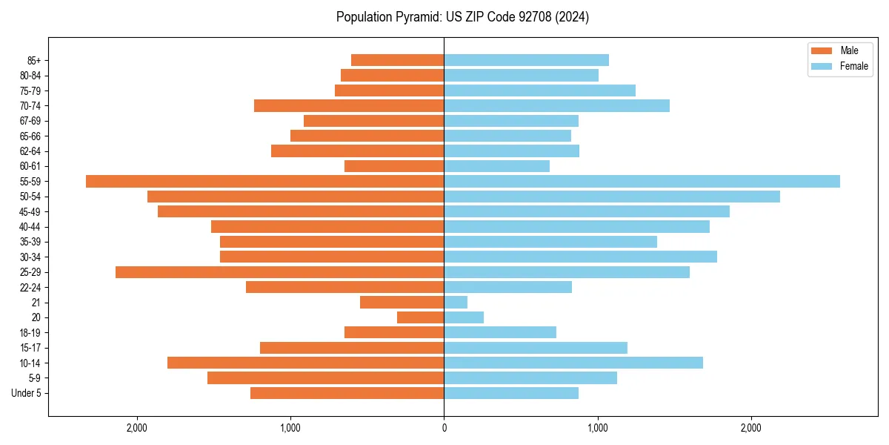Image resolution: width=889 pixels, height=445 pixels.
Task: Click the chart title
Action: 462,17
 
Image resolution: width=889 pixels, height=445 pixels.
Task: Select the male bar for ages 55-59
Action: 264,181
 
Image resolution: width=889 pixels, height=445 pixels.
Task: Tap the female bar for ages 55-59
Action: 642,181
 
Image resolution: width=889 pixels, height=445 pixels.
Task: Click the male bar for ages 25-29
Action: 279,272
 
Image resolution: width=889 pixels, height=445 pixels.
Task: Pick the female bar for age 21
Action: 456,302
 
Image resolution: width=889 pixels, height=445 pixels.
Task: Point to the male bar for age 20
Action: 420,317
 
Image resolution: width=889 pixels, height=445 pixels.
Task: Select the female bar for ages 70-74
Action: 556,105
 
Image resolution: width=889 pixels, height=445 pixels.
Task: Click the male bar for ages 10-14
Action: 305,363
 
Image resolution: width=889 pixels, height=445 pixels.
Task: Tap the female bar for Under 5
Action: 511,393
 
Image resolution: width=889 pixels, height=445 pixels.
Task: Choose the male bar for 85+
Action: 397,60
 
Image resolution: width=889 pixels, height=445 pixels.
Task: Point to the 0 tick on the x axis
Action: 444,428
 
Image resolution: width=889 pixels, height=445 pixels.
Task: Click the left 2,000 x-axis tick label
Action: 137,428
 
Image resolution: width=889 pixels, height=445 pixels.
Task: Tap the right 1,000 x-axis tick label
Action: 597,428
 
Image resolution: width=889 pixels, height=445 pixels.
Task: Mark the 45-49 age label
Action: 30,211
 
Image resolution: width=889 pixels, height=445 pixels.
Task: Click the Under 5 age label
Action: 26,393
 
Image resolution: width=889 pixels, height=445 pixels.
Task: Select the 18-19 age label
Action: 30,332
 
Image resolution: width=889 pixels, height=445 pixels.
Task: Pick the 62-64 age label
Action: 30,151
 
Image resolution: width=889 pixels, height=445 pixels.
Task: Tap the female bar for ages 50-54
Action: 612,197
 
